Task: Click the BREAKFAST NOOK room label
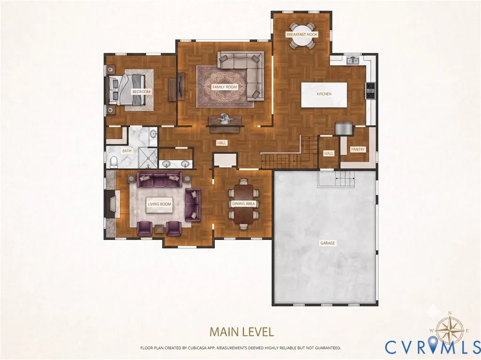pyautogui.click(x=302, y=35)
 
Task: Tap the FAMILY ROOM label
pyautogui.click(x=225, y=87)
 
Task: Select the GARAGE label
pyautogui.click(x=327, y=243)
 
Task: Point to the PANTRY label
pyautogui.click(x=357, y=149)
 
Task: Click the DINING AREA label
pyautogui.click(x=243, y=204)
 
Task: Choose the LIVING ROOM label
pyautogui.click(x=159, y=204)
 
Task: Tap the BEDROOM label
pyautogui.click(x=141, y=92)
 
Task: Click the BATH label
pyautogui.click(x=127, y=151)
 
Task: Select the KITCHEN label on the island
pyautogui.click(x=324, y=94)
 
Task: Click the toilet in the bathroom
pyautogui.click(x=114, y=161)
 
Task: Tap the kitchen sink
pyautogui.click(x=353, y=60)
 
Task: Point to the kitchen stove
pyautogui.click(x=370, y=91)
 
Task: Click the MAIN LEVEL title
pyautogui.click(x=242, y=332)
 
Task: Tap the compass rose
pyautogui.click(x=450, y=329)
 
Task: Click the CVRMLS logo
pyautogui.click(x=433, y=347)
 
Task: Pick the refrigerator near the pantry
pyautogui.click(x=343, y=129)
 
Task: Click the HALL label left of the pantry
pyautogui.click(x=328, y=153)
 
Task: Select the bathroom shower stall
pyautogui.click(x=148, y=158)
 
